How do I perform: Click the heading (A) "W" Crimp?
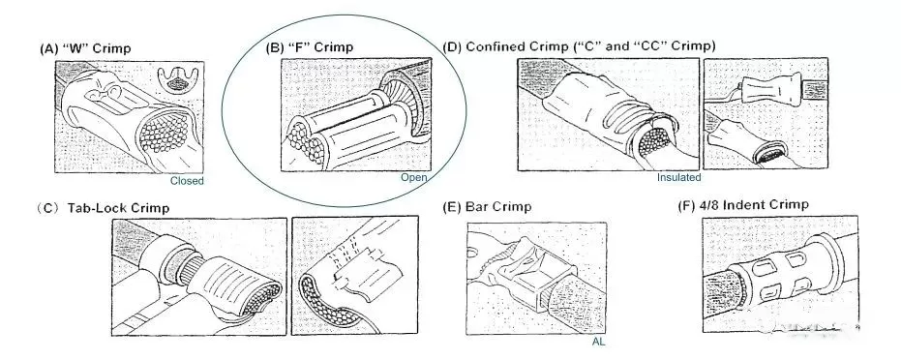pos(85,48)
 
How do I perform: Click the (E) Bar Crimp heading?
pos(487,207)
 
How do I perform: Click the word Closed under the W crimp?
pos(187,180)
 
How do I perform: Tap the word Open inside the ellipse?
pos(413,177)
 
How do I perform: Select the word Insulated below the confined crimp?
pos(678,177)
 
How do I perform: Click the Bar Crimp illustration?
pos(528,275)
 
